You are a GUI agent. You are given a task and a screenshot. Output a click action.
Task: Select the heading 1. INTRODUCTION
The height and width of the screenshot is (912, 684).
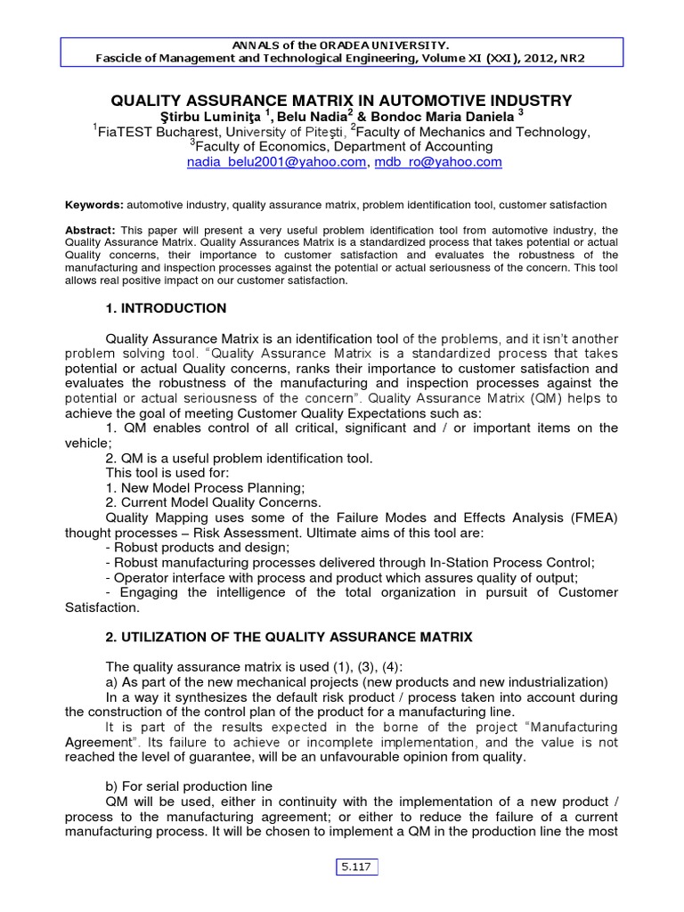click(166, 308)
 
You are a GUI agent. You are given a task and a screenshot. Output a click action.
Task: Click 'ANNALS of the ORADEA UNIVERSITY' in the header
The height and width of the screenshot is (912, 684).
click(341, 45)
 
